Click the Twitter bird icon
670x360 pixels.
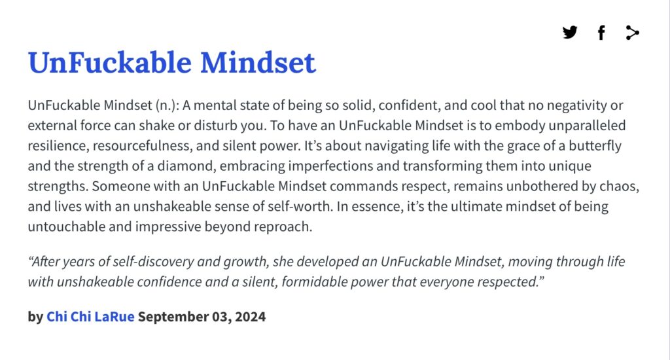point(570,33)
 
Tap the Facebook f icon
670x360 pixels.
point(601,33)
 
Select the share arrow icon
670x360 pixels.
point(633,33)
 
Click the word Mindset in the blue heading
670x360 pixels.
point(258,62)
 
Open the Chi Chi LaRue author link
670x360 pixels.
point(90,316)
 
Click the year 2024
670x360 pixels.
point(250,316)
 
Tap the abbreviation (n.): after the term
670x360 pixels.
point(167,105)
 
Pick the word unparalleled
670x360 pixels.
point(587,126)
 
